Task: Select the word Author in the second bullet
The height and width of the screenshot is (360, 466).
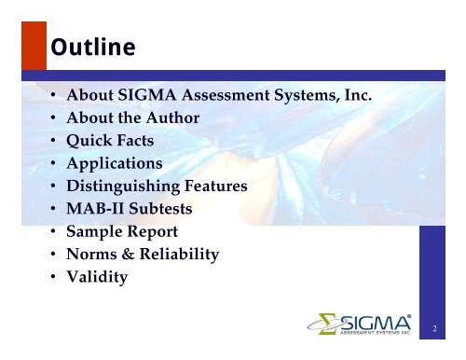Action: click(x=171, y=118)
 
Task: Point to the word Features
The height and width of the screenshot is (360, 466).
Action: click(x=217, y=186)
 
